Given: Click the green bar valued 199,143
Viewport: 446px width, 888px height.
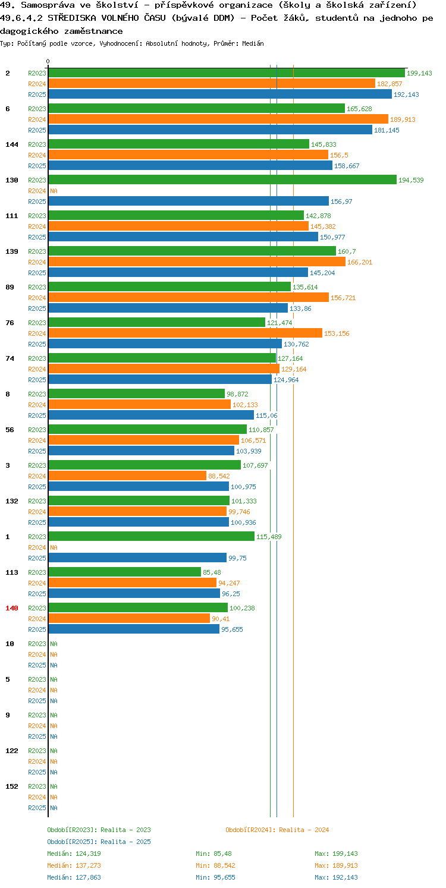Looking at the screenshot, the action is point(227,73).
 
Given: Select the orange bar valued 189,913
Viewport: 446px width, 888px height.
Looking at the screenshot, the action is point(218,119).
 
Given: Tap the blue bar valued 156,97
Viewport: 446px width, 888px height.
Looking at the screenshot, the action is point(189,201).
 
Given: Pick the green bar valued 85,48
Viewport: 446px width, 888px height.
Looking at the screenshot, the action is point(125,572).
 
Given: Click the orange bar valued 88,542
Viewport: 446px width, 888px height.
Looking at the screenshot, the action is point(127,476).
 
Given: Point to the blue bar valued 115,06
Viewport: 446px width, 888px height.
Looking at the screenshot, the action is point(151,415).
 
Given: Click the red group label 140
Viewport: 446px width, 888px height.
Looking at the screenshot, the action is point(12,608).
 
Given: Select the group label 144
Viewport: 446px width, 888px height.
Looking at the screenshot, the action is point(12,144).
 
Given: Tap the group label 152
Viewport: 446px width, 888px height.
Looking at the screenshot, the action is point(12,786).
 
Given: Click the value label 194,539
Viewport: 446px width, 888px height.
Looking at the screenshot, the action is point(411,180).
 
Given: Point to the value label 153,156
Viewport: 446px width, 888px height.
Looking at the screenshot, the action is point(337,334).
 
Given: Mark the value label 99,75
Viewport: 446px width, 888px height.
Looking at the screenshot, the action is point(238,558).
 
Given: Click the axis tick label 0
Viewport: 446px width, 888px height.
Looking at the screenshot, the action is point(48,61).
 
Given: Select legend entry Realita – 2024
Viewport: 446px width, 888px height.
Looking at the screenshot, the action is point(277,830).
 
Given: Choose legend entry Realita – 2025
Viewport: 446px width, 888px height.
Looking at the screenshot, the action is point(99,842).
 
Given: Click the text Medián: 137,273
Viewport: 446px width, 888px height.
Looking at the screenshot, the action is point(74,865).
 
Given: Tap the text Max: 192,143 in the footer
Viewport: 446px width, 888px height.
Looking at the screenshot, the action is point(337,877).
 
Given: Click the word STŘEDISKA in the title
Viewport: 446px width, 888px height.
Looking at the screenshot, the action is point(72,18).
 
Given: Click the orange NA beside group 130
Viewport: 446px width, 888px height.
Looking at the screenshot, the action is point(54,191).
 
